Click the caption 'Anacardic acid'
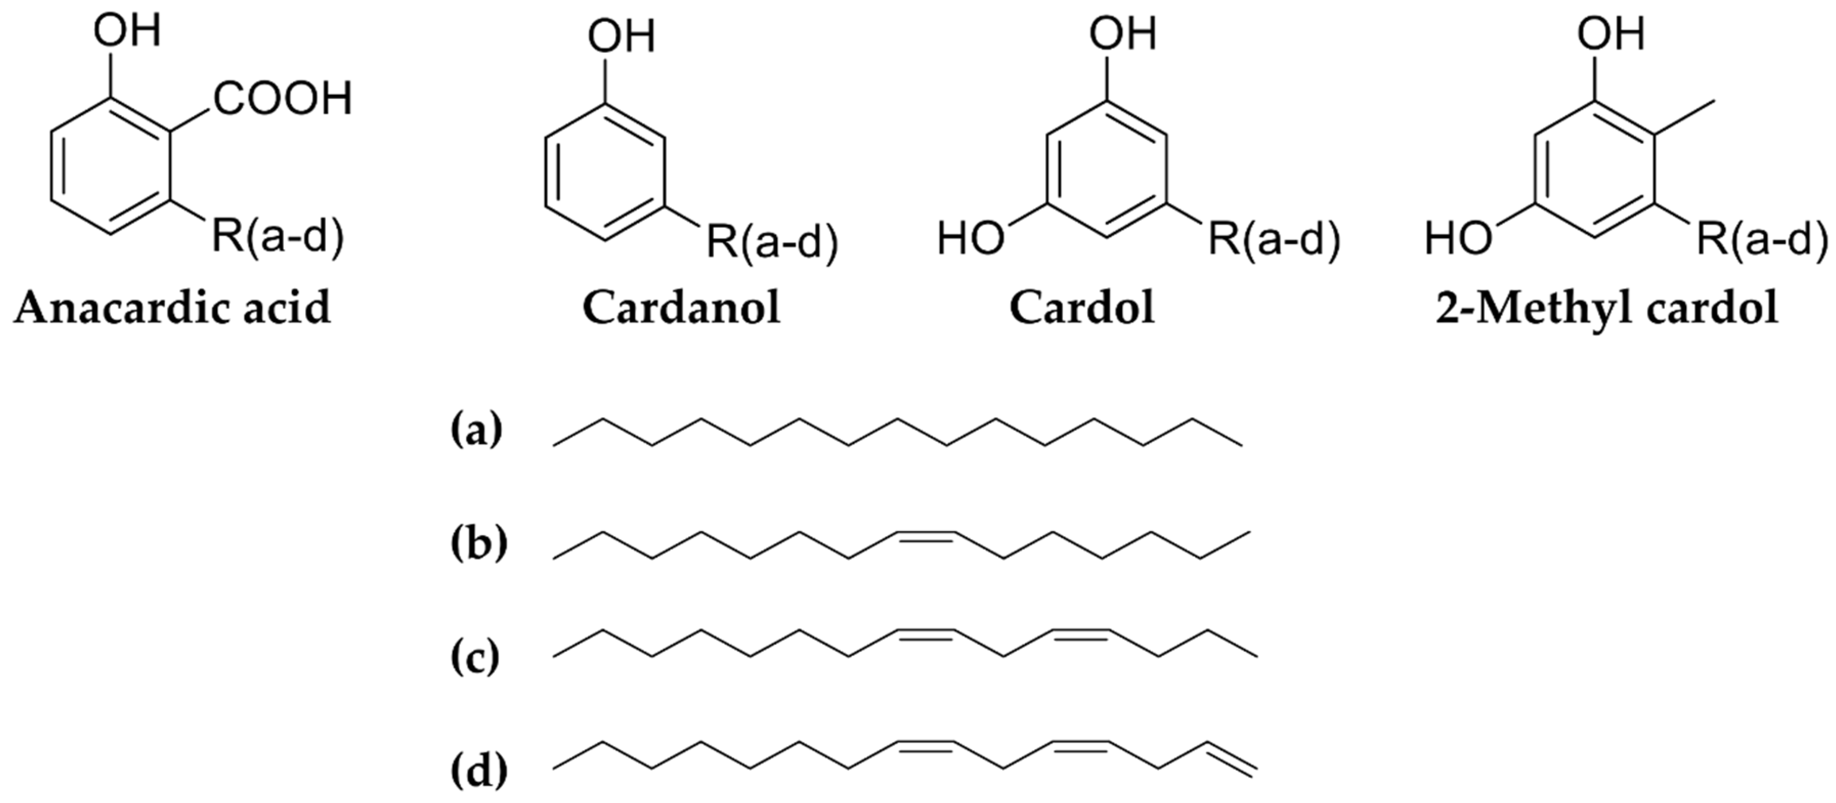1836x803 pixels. pos(172,308)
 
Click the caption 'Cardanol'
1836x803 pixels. pos(681,308)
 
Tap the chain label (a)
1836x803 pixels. pos(476,431)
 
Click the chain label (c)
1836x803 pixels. pos(476,658)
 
